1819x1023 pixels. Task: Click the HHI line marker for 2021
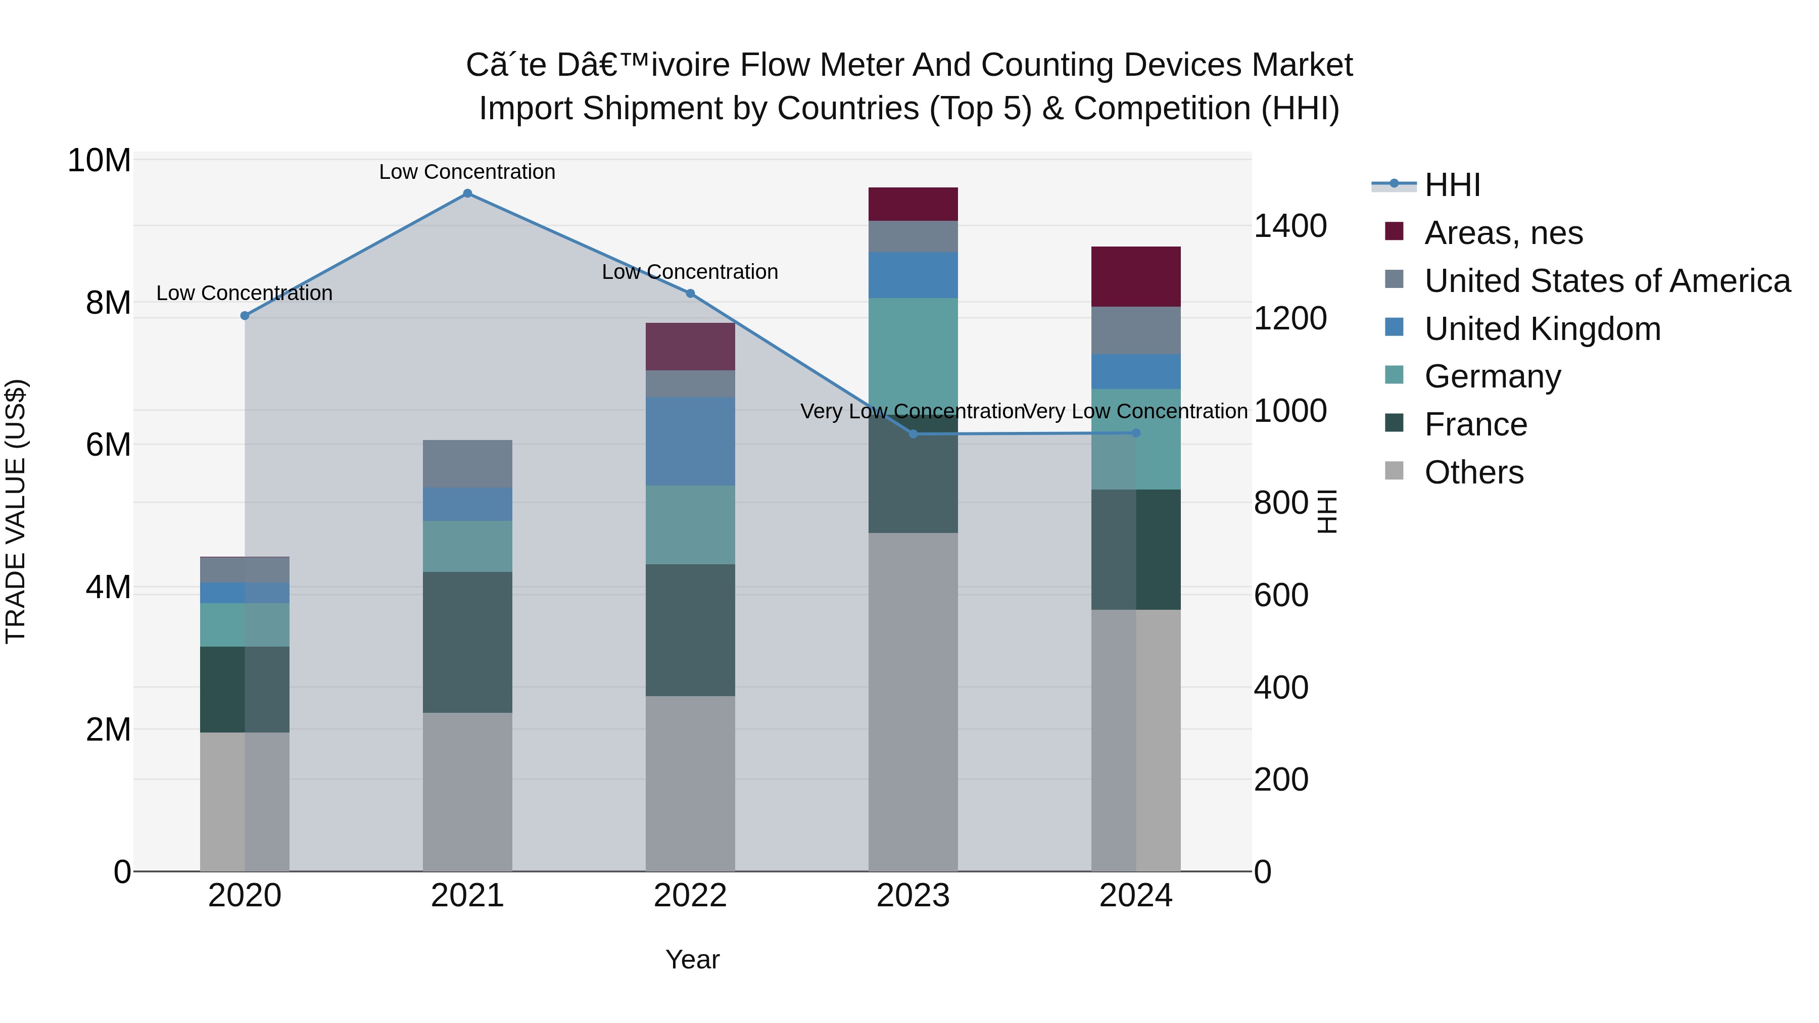[467, 193]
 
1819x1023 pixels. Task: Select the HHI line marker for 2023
[913, 434]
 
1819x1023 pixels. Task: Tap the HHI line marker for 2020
[245, 316]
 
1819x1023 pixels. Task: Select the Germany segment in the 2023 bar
[913, 353]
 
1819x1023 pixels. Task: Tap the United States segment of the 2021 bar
[467, 464]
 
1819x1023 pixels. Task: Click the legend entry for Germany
[1492, 376]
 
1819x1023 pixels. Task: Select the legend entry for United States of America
[1606, 281]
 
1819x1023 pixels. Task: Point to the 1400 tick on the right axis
[1289, 227]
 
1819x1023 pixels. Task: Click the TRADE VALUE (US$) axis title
[16, 511]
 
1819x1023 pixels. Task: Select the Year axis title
[692, 959]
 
